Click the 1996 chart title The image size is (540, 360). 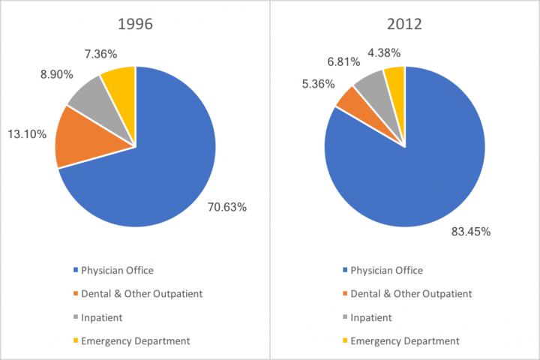[135, 23]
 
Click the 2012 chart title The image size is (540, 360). [404, 23]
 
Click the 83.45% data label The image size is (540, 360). [469, 232]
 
